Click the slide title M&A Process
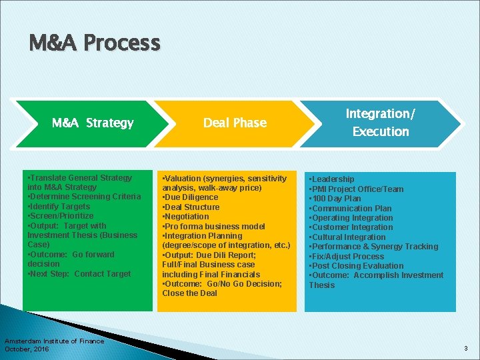[x=95, y=43]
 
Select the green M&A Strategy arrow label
[x=93, y=123]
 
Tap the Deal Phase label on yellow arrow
[x=235, y=123]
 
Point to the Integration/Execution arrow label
[x=381, y=123]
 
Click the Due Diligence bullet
[x=191, y=197]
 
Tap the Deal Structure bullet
[x=191, y=207]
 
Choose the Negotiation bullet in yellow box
[x=186, y=217]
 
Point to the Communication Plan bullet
[x=351, y=208]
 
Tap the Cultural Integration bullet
[x=347, y=237]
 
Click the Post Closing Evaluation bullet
[x=356, y=266]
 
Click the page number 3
[x=466, y=349]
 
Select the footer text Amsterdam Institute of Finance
[x=54, y=341]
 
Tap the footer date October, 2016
[x=27, y=349]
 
